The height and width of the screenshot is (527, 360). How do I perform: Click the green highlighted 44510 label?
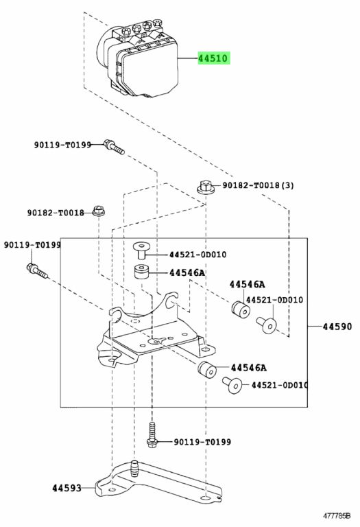pyautogui.click(x=213, y=58)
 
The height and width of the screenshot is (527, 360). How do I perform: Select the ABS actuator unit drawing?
pyautogui.click(x=137, y=58)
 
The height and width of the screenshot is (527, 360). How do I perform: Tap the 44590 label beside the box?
pyautogui.click(x=337, y=327)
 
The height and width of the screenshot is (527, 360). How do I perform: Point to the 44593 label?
pyautogui.click(x=67, y=488)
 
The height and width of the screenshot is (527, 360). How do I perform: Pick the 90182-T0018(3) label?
pyautogui.click(x=258, y=185)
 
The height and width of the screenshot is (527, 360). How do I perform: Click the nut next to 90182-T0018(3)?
pyautogui.click(x=206, y=187)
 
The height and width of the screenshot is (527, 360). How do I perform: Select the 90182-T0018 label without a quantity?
pyautogui.click(x=56, y=213)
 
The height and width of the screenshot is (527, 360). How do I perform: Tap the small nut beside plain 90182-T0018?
pyautogui.click(x=98, y=211)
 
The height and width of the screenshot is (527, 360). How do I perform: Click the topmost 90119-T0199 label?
pyautogui.click(x=62, y=145)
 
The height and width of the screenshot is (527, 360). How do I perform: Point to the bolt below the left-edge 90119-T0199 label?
pyautogui.click(x=37, y=271)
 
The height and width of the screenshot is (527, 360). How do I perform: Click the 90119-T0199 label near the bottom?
pyautogui.click(x=202, y=442)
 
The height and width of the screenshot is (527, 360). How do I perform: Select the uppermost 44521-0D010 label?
pyautogui.click(x=197, y=255)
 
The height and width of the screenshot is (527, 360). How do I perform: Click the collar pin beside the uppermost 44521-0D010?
pyautogui.click(x=141, y=250)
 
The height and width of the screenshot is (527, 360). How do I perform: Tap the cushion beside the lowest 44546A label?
pyautogui.click(x=207, y=369)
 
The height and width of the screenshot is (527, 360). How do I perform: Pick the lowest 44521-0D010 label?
pyautogui.click(x=279, y=385)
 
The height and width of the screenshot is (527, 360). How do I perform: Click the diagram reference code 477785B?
pyautogui.click(x=337, y=515)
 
